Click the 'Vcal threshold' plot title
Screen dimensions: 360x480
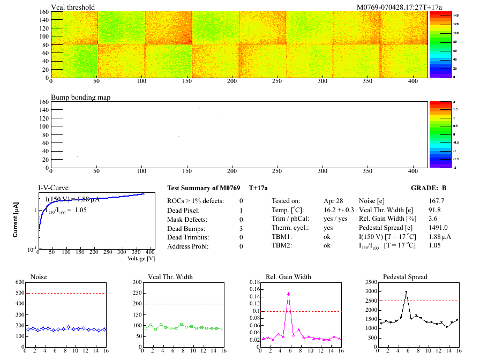point(73,7)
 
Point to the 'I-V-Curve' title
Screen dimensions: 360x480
point(52,188)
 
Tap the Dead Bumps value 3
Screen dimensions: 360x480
point(241,228)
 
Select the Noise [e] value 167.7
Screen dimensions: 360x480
point(437,200)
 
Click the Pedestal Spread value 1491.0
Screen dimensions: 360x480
point(438,228)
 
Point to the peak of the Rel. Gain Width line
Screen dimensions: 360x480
point(289,293)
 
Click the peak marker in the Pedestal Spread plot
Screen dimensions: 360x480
point(406,292)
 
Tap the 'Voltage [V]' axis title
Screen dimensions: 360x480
point(141,258)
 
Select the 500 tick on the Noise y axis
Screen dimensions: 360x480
point(20,294)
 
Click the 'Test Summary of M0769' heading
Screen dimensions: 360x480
point(204,189)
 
